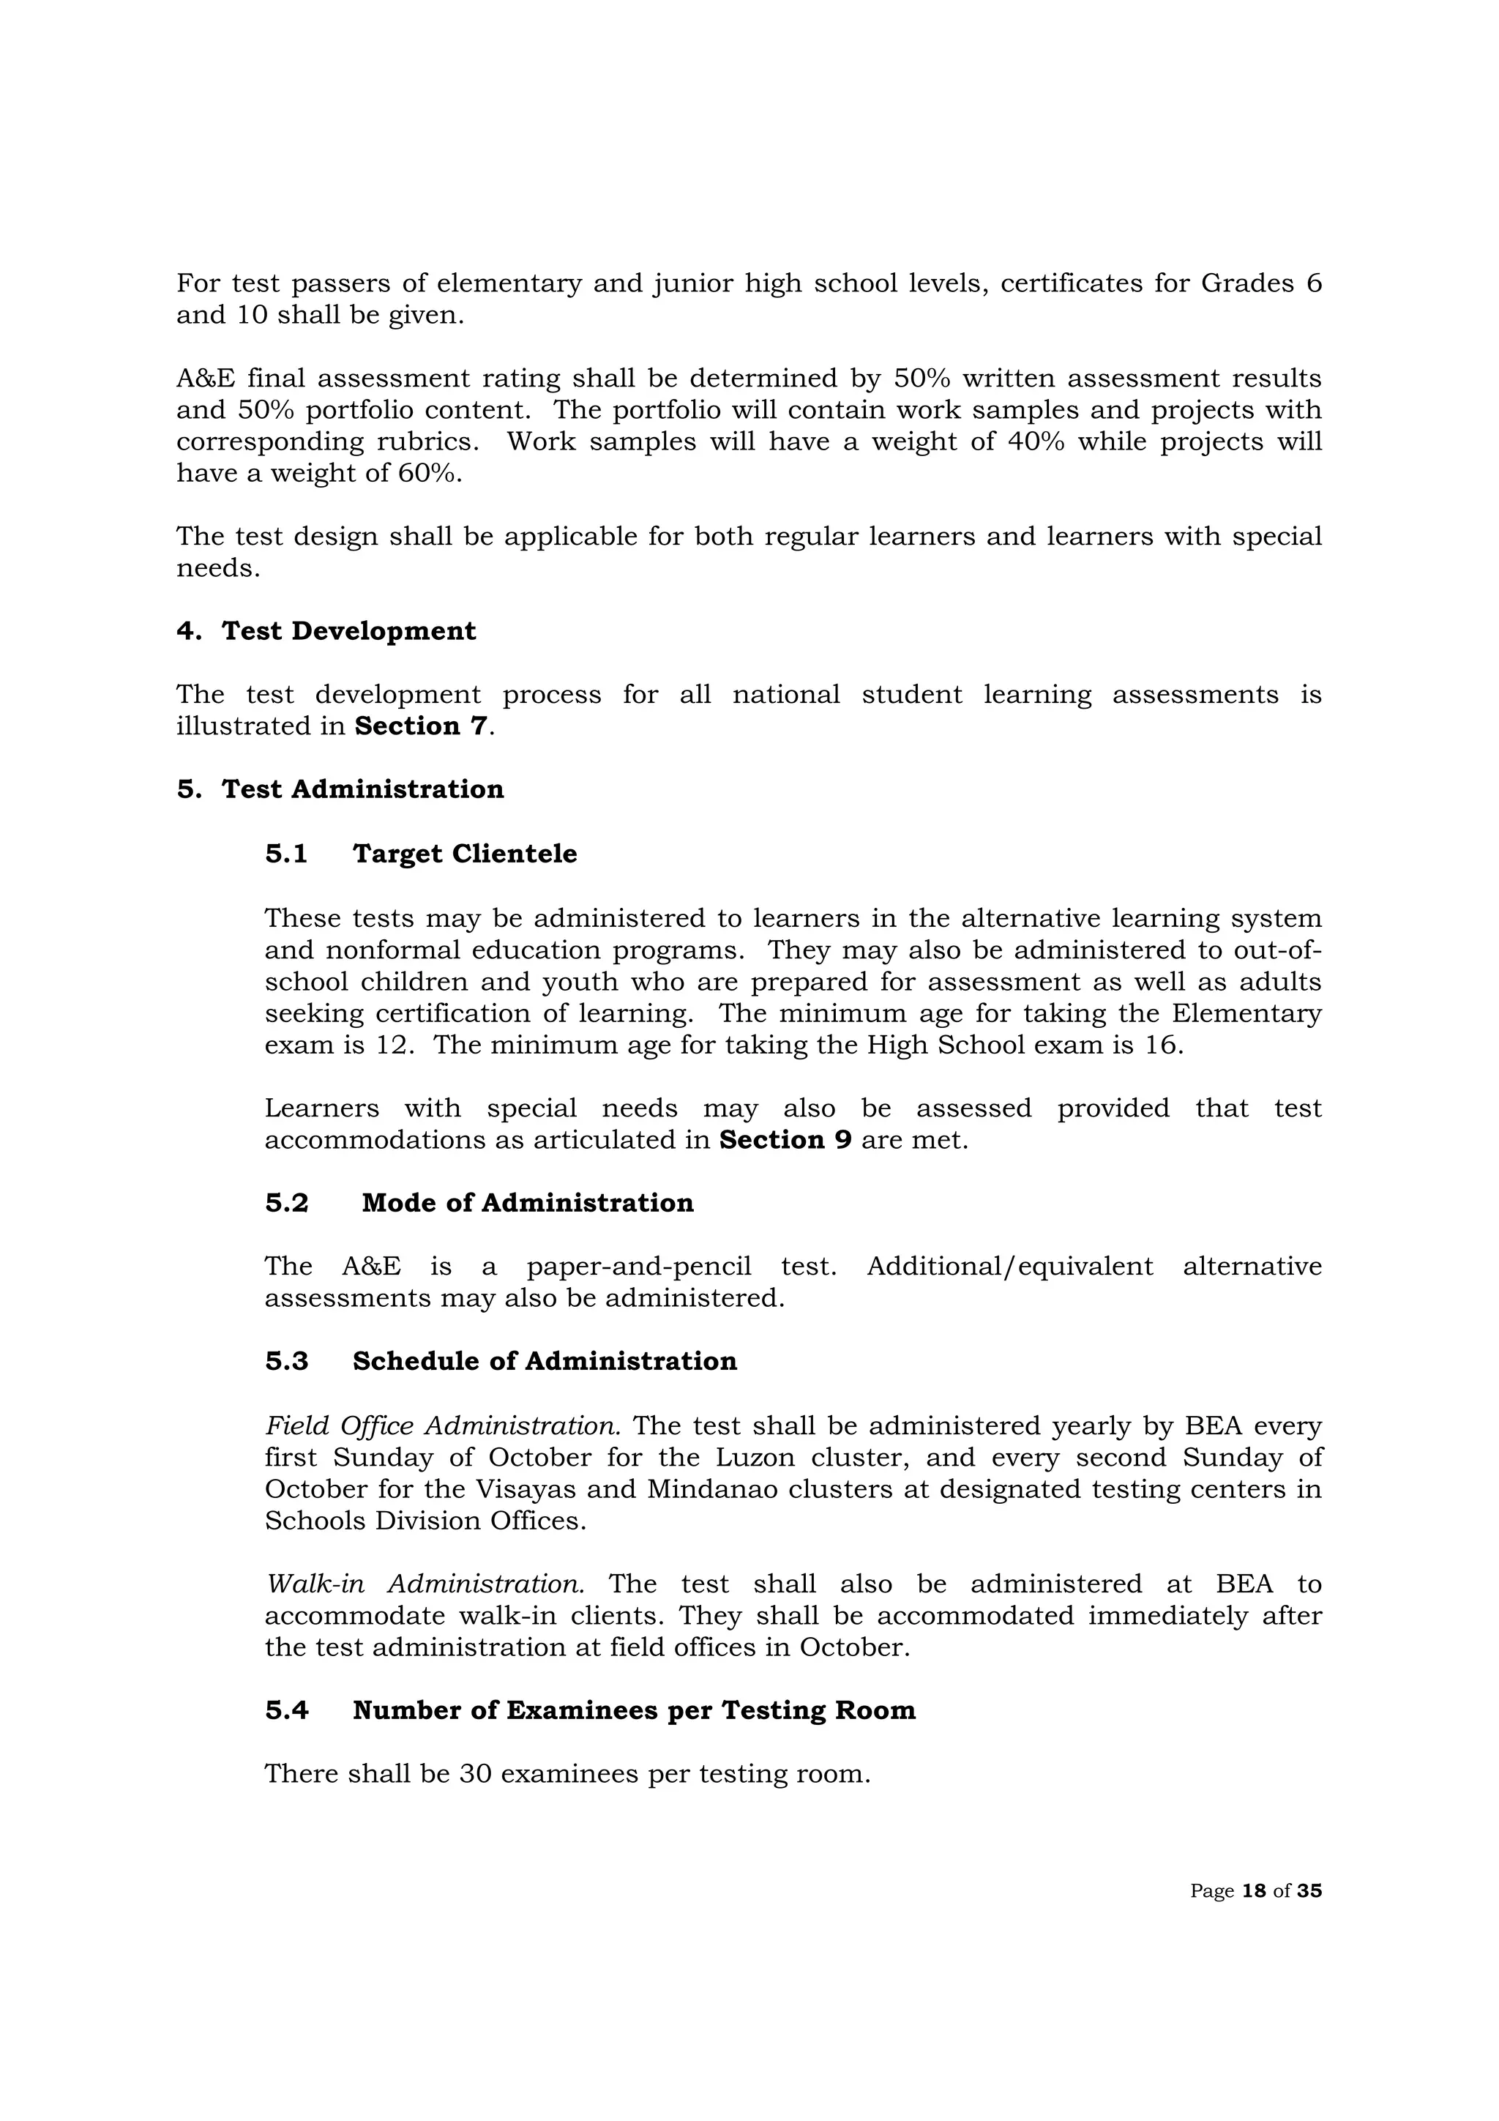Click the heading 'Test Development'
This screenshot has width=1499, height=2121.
(348, 631)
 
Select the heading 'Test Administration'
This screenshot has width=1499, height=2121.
(362, 789)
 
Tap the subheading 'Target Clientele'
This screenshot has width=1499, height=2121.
(465, 854)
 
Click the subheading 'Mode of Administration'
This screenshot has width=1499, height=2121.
(528, 1203)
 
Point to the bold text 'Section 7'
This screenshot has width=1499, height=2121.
(420, 726)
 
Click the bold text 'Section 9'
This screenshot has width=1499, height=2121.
(785, 1140)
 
